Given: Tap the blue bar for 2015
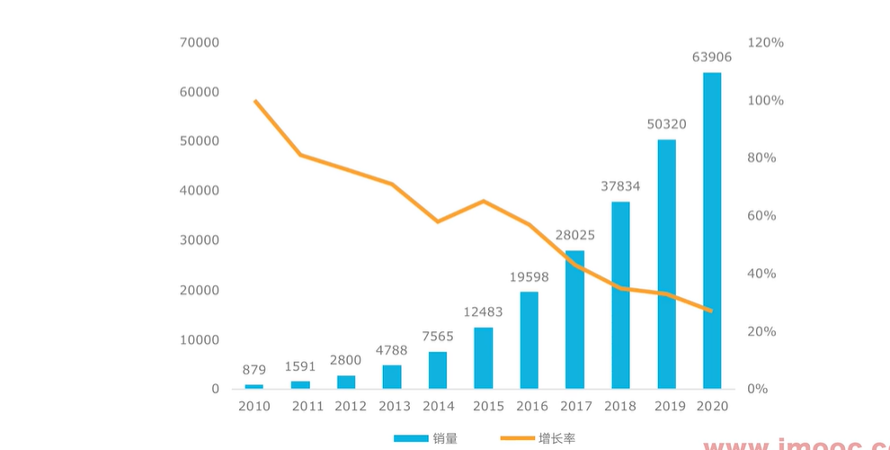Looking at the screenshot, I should [x=484, y=358].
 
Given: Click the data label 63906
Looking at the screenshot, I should [x=712, y=58].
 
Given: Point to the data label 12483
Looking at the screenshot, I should [x=484, y=312].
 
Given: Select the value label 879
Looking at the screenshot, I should [x=254, y=370].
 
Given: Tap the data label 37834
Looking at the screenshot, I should [x=620, y=186].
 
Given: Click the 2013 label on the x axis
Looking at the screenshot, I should [x=396, y=406].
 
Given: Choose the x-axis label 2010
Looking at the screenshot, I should [x=254, y=406].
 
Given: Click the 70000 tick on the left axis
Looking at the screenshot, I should [x=200, y=42].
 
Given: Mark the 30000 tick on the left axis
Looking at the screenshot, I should [x=200, y=240].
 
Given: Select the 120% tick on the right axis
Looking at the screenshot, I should [x=766, y=42].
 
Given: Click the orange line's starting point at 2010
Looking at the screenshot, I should [x=255, y=101].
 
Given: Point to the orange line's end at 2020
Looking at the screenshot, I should [x=711, y=310].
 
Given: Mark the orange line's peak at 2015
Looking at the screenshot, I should [x=484, y=201].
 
